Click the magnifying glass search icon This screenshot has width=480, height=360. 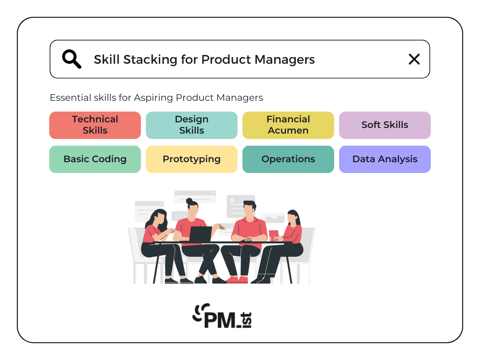tap(72, 59)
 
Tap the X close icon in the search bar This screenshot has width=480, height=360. tap(414, 59)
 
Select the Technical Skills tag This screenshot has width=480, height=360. tap(95, 125)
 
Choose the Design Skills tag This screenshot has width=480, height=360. tap(192, 125)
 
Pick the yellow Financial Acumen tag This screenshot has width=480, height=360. tap(288, 125)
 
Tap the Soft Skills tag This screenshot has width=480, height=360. tap(385, 125)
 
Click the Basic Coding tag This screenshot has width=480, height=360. tap(95, 159)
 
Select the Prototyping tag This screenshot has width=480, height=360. tap(192, 159)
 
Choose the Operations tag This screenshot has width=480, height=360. tap(288, 159)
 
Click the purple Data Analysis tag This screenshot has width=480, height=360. tap(385, 159)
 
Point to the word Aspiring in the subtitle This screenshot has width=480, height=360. tap(153, 98)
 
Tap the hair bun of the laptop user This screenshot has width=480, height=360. tap(189, 201)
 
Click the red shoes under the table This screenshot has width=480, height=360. tap(237, 279)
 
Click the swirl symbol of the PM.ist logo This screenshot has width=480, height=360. tap(201, 312)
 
